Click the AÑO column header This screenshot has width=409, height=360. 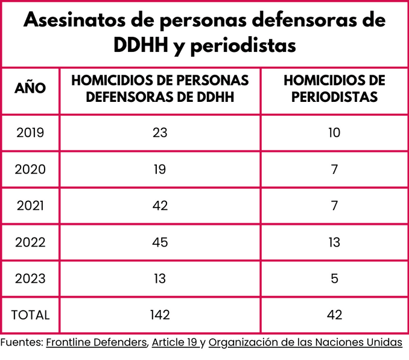click(30, 88)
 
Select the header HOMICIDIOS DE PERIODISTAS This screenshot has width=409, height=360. click(334, 88)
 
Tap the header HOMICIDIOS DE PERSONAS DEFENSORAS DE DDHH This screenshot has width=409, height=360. click(160, 88)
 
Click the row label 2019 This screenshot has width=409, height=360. click(30, 133)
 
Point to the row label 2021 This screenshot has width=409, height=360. click(30, 206)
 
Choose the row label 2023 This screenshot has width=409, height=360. click(30, 279)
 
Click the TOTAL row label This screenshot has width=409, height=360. click(30, 315)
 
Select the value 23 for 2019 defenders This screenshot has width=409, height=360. click(160, 133)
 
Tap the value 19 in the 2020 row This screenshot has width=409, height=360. click(160, 169)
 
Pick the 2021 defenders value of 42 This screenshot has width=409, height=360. click(160, 206)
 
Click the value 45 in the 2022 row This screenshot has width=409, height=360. click(160, 242)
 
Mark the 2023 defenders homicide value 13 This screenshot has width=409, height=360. click(160, 279)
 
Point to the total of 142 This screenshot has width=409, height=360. click(160, 315)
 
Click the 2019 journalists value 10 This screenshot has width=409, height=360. click(334, 133)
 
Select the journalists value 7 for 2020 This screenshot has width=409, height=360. click(334, 169)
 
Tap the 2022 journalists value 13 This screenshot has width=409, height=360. click(334, 242)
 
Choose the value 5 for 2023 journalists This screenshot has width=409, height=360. click(334, 279)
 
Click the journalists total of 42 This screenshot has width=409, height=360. click(334, 315)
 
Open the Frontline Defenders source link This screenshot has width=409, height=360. click(97, 343)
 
